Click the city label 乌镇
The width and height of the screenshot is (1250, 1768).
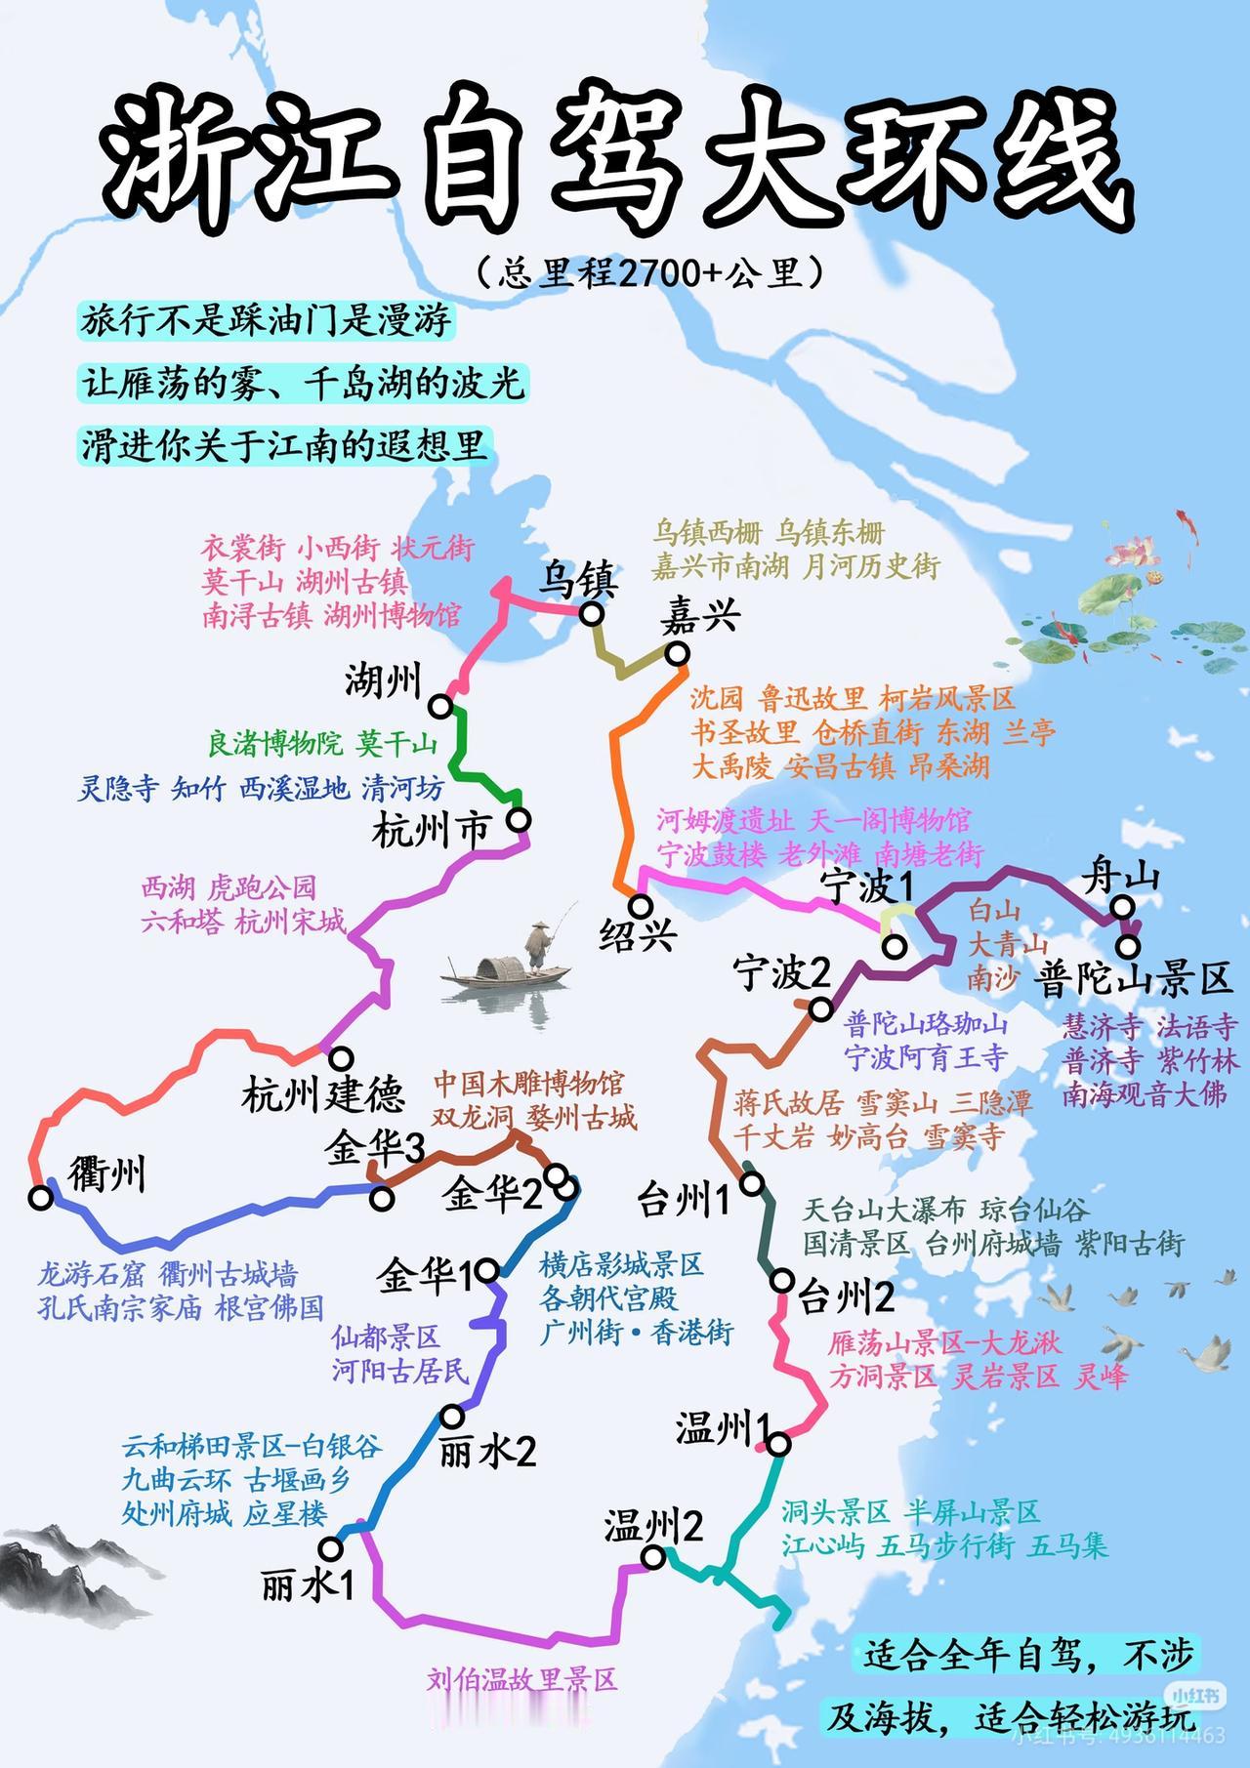(x=579, y=581)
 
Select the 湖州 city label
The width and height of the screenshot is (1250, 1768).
(x=382, y=680)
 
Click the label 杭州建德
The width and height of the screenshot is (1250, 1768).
(x=323, y=1094)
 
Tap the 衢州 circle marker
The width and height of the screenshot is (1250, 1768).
(x=41, y=1198)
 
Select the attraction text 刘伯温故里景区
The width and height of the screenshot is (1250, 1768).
(x=522, y=1679)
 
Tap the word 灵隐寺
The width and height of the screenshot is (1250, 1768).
(x=118, y=788)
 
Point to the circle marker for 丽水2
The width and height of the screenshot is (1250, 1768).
(x=452, y=1416)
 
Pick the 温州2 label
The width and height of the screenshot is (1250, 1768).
(x=653, y=1526)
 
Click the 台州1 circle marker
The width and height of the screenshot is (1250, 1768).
(x=752, y=1184)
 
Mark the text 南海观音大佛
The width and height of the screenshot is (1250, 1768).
(x=1145, y=1093)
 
